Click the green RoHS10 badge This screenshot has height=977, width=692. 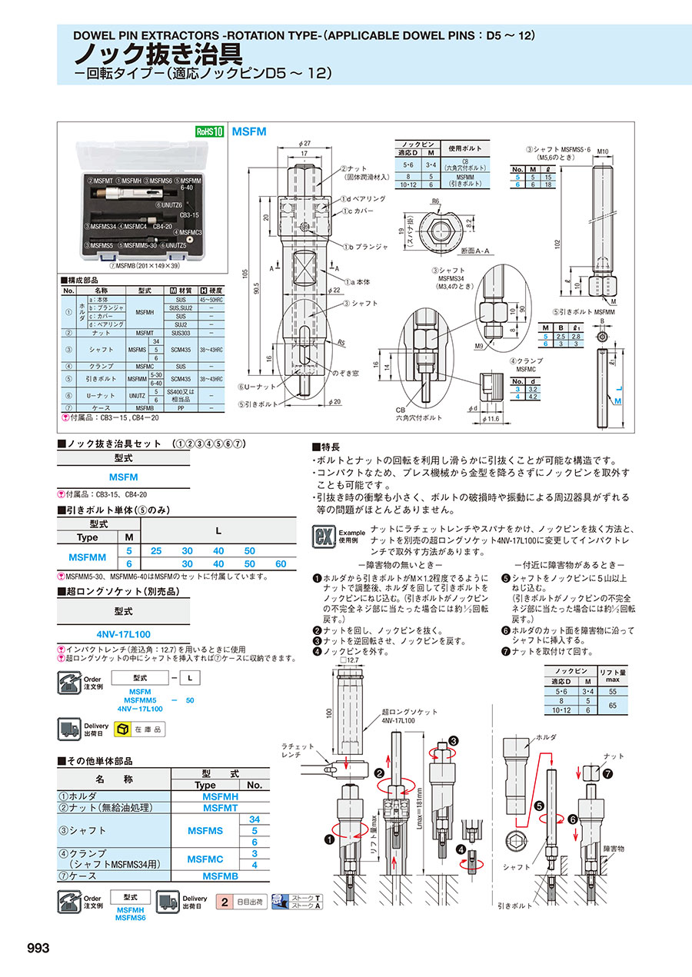pyautogui.click(x=210, y=131)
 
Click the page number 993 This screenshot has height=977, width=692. pyautogui.click(x=38, y=948)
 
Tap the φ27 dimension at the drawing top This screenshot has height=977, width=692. pyautogui.click(x=304, y=143)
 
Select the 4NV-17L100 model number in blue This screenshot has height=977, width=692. pyautogui.click(x=123, y=634)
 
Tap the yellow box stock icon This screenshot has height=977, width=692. pyautogui.click(x=122, y=729)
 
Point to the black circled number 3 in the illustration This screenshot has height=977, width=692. pyautogui.click(x=453, y=740)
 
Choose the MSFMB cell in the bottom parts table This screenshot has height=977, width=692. pyautogui.click(x=220, y=876)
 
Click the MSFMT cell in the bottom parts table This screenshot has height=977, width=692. pyautogui.click(x=220, y=807)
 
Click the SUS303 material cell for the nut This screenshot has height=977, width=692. pyautogui.click(x=181, y=333)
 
